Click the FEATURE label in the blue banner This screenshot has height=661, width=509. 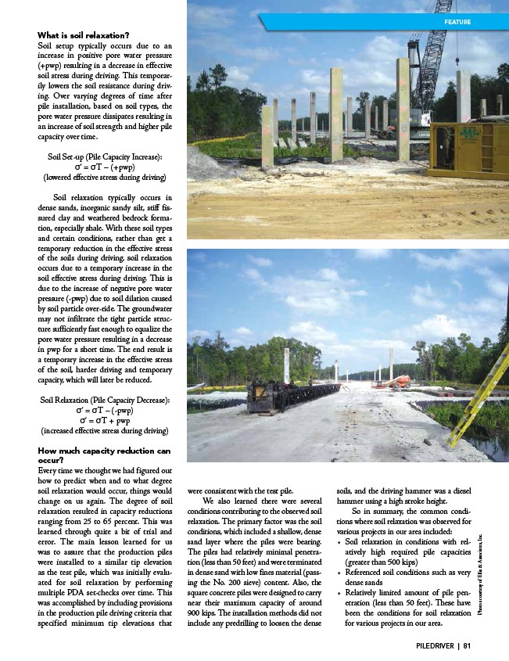coord(457,22)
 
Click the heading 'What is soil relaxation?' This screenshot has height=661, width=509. coord(84,35)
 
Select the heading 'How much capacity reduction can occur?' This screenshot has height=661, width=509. coord(104,455)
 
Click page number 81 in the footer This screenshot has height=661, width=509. coord(466,645)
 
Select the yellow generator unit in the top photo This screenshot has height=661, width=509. coord(470,149)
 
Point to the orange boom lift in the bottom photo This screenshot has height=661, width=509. coord(400,381)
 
